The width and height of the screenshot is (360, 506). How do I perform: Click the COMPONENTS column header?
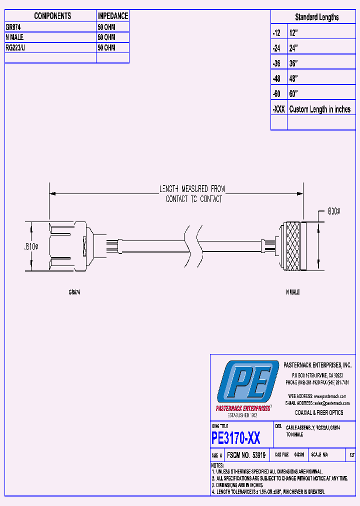pos(52,16)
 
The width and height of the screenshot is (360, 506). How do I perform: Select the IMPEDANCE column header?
pos(112,16)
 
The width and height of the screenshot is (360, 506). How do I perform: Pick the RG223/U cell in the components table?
pos(17,48)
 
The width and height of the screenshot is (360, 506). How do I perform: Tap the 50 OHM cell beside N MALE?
pos(106,37)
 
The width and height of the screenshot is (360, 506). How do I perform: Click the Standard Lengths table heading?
pos(316,17)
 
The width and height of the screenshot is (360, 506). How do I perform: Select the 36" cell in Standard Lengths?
pos(294,63)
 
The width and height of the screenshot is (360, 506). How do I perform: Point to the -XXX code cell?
pos(278,109)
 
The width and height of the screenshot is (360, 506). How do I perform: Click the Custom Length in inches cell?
pos(320,109)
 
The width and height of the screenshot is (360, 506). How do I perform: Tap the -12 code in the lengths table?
pos(276,32)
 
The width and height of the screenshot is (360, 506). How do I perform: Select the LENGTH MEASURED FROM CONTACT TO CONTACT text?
pos(192,193)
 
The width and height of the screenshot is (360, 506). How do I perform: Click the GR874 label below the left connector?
pos(74,292)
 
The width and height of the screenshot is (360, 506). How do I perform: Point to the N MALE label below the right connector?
pos(292,292)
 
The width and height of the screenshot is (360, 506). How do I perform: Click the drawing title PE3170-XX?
pos(235,438)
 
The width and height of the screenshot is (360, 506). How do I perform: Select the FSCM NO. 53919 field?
pos(246,455)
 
